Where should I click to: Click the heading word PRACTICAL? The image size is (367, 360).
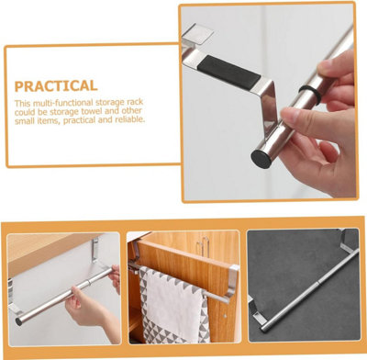point(56,86)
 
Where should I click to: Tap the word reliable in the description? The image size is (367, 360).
point(129,119)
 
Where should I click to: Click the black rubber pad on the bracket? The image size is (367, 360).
point(228,73)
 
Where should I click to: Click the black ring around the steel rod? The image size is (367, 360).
point(310,94)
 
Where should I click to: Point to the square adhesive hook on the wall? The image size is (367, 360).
point(198,33)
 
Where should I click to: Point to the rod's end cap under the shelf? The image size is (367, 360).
point(18,321)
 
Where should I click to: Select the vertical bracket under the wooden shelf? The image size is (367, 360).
point(95,250)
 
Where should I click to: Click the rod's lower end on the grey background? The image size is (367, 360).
point(263,330)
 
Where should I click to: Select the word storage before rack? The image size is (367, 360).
point(107,102)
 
